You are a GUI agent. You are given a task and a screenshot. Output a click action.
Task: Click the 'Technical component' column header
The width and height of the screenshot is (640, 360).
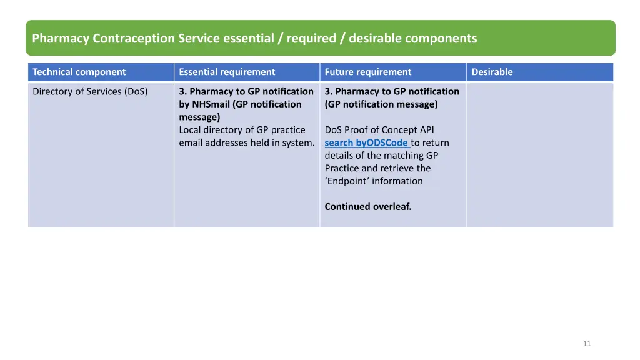click(79, 72)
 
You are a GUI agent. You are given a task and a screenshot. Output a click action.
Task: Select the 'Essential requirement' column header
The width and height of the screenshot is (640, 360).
click(227, 72)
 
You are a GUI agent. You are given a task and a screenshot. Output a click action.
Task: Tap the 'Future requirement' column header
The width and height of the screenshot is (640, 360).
click(368, 72)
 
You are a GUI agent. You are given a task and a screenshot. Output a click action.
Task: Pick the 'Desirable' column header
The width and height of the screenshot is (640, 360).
click(492, 72)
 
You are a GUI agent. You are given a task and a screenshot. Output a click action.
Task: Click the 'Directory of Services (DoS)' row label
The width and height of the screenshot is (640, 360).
click(90, 91)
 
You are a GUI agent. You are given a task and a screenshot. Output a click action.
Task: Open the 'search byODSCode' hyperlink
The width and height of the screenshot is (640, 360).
click(367, 142)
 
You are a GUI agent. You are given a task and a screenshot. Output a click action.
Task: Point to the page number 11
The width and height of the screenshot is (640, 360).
click(586, 343)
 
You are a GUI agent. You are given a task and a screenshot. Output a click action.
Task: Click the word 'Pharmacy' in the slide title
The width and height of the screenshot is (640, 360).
click(61, 39)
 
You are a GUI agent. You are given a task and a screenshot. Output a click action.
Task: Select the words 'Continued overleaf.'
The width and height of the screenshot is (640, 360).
click(368, 206)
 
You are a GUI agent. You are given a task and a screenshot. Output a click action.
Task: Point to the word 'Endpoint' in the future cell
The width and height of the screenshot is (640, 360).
click(347, 181)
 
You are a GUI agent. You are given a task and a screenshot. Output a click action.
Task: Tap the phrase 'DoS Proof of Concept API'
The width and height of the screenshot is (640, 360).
click(379, 130)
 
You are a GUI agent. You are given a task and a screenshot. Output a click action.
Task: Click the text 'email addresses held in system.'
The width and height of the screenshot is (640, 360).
click(246, 142)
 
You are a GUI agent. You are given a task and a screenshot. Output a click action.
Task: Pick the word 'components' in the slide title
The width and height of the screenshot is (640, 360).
click(441, 39)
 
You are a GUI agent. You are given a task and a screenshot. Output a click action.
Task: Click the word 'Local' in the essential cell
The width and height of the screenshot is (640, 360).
click(191, 130)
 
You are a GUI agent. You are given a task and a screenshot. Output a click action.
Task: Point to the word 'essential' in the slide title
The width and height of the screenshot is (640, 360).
click(248, 39)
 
